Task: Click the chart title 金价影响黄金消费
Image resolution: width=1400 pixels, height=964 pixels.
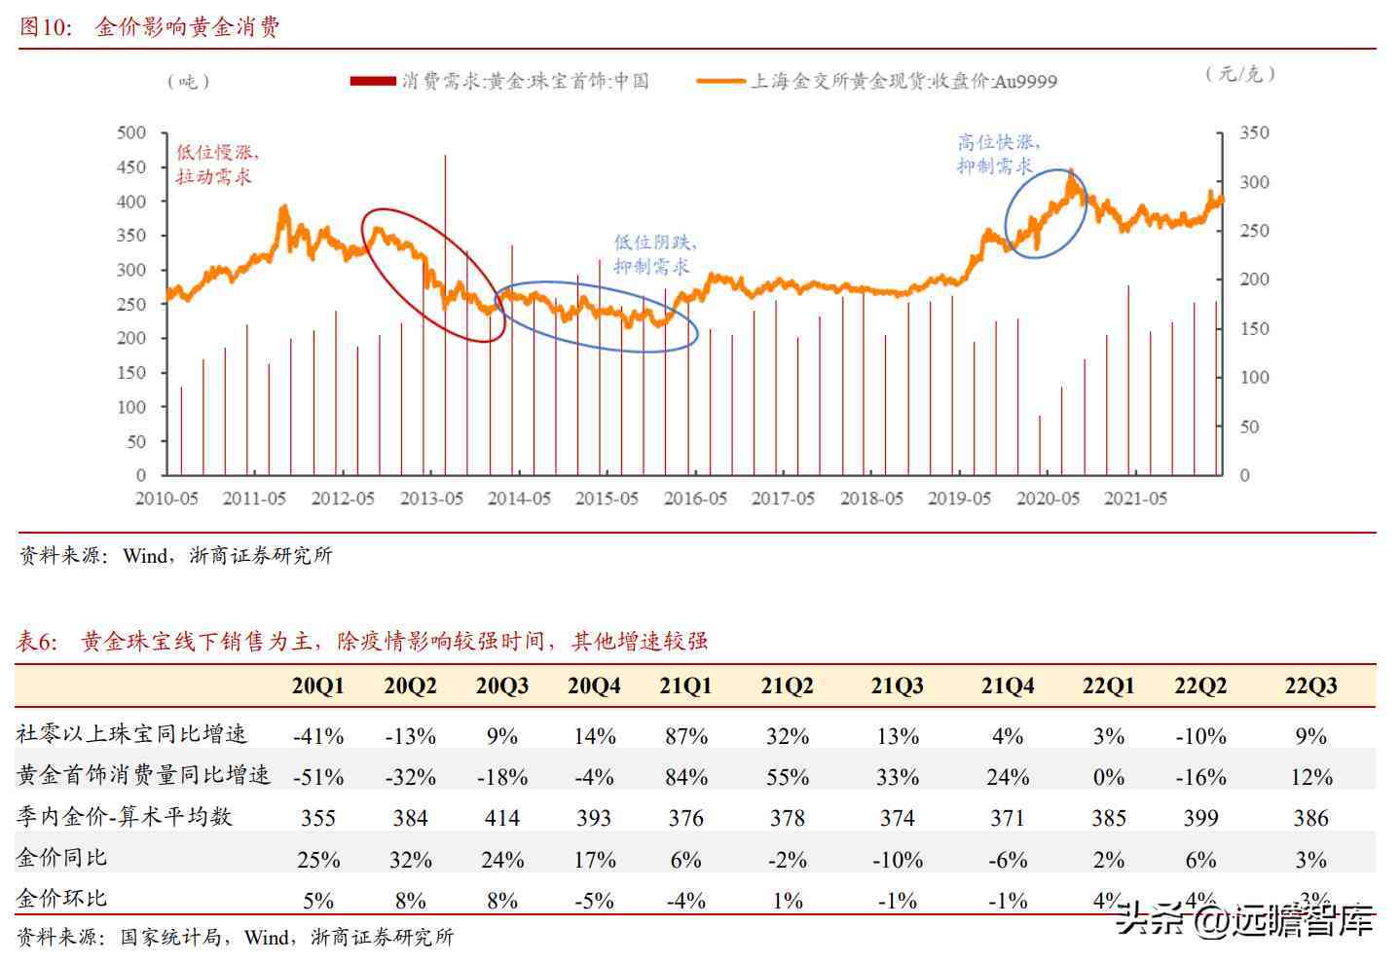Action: click(187, 27)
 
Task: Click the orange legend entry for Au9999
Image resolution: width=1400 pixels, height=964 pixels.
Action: click(877, 82)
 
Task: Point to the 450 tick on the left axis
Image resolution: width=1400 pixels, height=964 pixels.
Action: click(130, 167)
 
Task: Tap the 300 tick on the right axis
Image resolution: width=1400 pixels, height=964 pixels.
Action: click(1254, 182)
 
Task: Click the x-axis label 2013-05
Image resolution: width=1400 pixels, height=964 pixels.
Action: click(431, 499)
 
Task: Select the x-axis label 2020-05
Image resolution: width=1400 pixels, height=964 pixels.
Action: click(1048, 499)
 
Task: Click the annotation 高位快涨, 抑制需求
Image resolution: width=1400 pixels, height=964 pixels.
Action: click(997, 154)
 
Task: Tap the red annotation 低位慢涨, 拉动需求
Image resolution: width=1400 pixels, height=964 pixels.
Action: click(216, 165)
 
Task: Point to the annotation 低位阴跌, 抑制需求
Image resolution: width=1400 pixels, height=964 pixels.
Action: click(654, 254)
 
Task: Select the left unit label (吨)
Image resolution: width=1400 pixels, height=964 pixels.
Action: click(188, 82)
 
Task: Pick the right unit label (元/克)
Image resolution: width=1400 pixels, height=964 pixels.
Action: click(1239, 74)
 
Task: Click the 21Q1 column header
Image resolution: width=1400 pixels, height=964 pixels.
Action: click(685, 686)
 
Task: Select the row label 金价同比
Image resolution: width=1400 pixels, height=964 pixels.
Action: click(61, 858)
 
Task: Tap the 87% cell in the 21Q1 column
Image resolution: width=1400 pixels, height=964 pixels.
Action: click(685, 736)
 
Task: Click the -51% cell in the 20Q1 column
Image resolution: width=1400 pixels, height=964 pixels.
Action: click(318, 777)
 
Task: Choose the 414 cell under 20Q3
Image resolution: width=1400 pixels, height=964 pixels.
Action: click(501, 818)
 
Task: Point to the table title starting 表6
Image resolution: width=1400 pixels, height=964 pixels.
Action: click(361, 641)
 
